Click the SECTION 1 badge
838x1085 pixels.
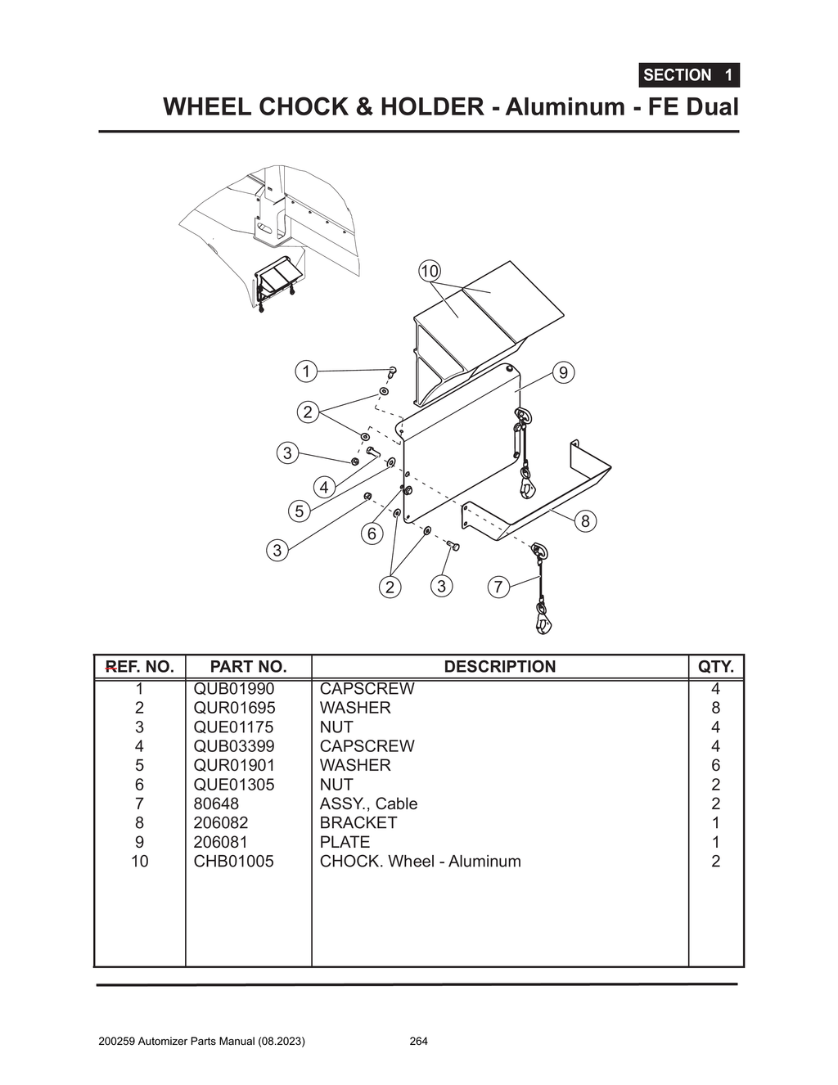pyautogui.click(x=688, y=75)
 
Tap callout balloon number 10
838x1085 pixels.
pyautogui.click(x=429, y=271)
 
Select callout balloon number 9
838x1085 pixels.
pyautogui.click(x=563, y=372)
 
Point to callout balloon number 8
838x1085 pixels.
pyautogui.click(x=584, y=521)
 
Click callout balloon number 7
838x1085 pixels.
pyautogui.click(x=498, y=587)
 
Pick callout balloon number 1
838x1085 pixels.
pyautogui.click(x=306, y=371)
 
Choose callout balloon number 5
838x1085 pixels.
pyautogui.click(x=300, y=511)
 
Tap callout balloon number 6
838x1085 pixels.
pyautogui.click(x=372, y=534)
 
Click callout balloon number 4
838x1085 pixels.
pyautogui.click(x=324, y=488)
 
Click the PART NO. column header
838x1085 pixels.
pyautogui.click(x=248, y=667)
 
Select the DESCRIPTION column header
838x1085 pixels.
pyautogui.click(x=499, y=667)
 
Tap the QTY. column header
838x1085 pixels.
pyautogui.click(x=715, y=667)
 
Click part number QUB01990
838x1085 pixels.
pyautogui.click(x=234, y=689)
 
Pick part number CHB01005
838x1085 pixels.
pyautogui.click(x=234, y=861)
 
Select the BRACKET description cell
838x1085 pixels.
pyautogui.click(x=358, y=822)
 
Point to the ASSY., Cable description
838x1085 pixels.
pyautogui.click(x=368, y=804)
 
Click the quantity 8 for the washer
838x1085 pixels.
pyautogui.click(x=715, y=708)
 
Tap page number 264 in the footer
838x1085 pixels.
pyautogui.click(x=418, y=1042)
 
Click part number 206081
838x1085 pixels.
pyautogui.click(x=221, y=842)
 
